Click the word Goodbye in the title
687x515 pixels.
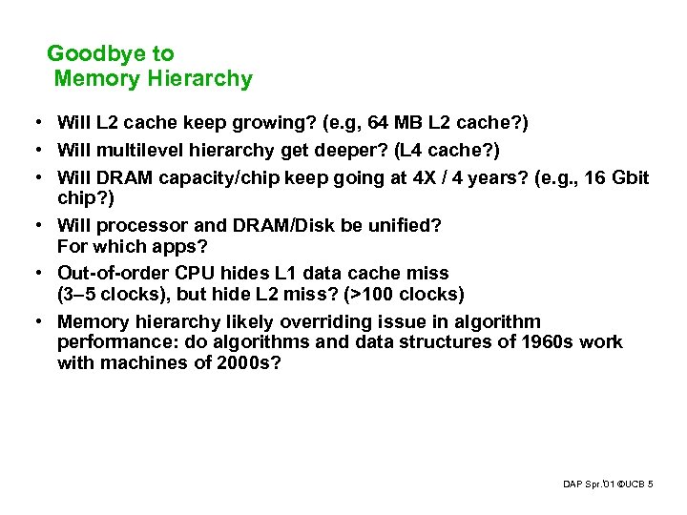tap(83, 54)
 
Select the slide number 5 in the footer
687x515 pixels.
tap(650, 485)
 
